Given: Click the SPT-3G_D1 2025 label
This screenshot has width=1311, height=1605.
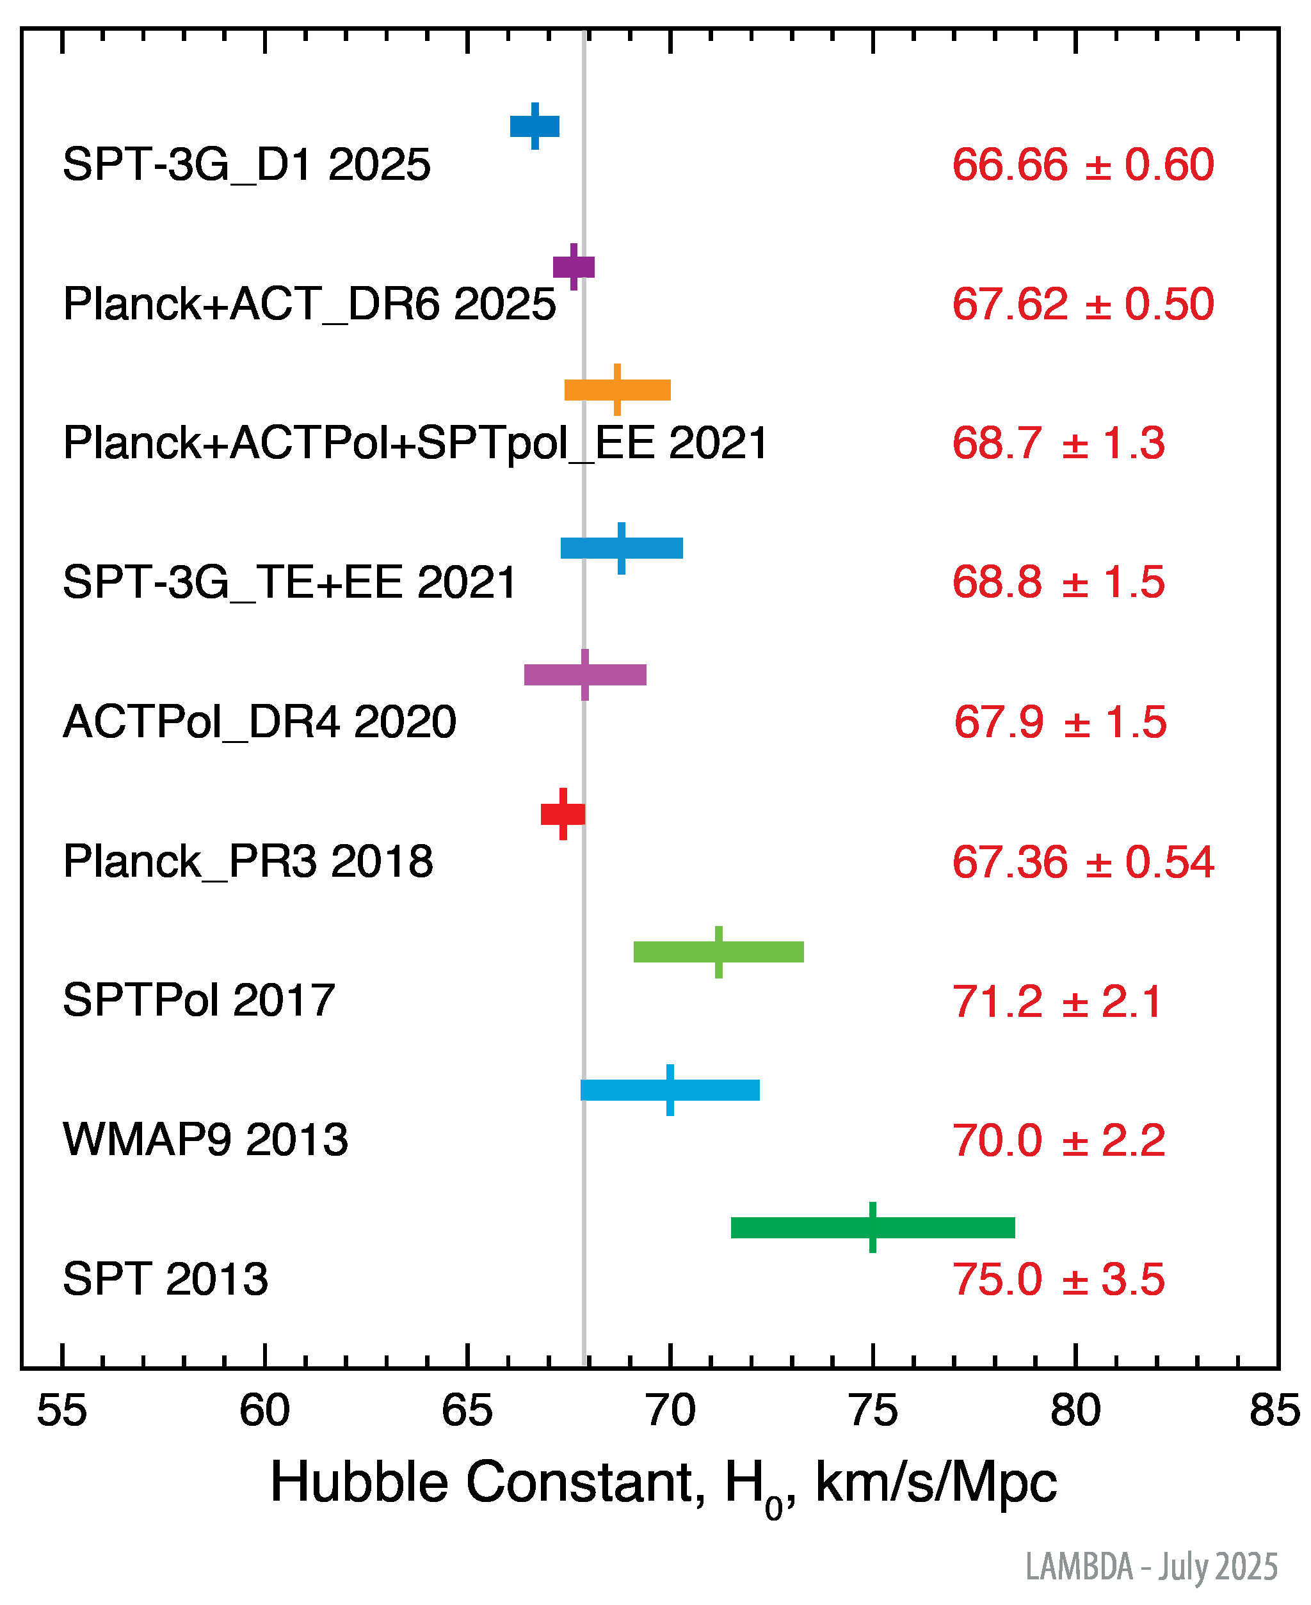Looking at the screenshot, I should tap(246, 164).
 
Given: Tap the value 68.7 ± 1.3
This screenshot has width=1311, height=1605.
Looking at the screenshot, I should tap(1058, 443).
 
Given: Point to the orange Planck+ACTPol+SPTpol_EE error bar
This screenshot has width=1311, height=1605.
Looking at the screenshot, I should tap(618, 390).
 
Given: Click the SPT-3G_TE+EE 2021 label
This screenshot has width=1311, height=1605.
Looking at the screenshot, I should tap(289, 582).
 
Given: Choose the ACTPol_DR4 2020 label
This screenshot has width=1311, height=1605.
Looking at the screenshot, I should tap(260, 722).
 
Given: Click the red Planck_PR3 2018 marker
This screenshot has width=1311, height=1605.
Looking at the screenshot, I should tap(563, 815).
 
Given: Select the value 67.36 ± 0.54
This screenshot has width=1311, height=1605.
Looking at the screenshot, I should tap(1083, 861).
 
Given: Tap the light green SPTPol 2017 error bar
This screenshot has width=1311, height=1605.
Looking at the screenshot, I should tap(719, 952).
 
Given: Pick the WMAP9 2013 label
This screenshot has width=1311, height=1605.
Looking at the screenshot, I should tap(205, 1139).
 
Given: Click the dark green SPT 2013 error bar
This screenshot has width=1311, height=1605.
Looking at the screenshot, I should tap(873, 1227).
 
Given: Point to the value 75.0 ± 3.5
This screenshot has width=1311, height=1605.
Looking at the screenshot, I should tap(1058, 1279).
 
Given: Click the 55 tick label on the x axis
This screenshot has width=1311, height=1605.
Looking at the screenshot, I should tap(62, 1410).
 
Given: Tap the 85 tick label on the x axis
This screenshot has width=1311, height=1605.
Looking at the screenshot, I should tap(1275, 1410).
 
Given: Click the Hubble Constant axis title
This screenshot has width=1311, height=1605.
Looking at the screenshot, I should tap(663, 1483).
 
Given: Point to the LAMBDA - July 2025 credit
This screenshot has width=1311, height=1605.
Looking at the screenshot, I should tap(1151, 1566).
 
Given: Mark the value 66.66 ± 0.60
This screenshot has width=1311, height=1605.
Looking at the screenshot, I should tap(1083, 164).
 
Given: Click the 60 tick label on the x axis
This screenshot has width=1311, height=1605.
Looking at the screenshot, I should tap(264, 1410).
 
